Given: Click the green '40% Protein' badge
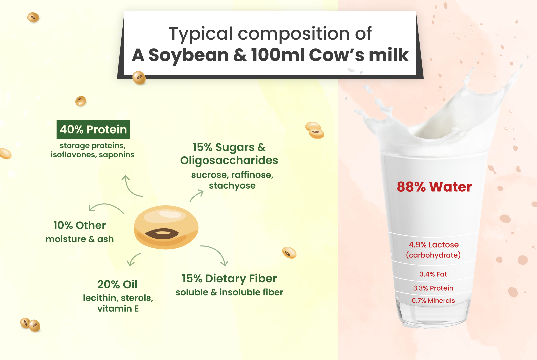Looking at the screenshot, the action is tap(93, 129).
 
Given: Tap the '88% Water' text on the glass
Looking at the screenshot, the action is tap(434, 187).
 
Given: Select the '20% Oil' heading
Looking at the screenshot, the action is tap(117, 285).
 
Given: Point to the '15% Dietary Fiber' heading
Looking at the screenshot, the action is tap(229, 279).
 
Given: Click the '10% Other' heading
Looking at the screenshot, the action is tap(80, 225).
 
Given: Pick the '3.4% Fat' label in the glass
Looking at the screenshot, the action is tap(433, 274).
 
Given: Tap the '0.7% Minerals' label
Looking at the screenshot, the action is tap(433, 301).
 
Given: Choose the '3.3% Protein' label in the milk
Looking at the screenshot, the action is tap(433, 288).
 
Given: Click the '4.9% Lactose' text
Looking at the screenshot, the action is tap(434, 245).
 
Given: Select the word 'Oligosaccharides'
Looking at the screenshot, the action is tap(229, 161).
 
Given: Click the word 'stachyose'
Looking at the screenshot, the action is tap(232, 186).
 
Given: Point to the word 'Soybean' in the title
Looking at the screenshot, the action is tap(189, 55).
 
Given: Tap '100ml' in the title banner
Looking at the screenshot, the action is tap(278, 55).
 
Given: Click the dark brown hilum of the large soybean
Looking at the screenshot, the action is tap(162, 233).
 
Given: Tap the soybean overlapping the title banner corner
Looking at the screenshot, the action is tap(139, 78).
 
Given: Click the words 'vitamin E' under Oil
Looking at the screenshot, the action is tap(118, 309).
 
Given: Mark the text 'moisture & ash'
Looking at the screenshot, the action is tap(80, 239).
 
